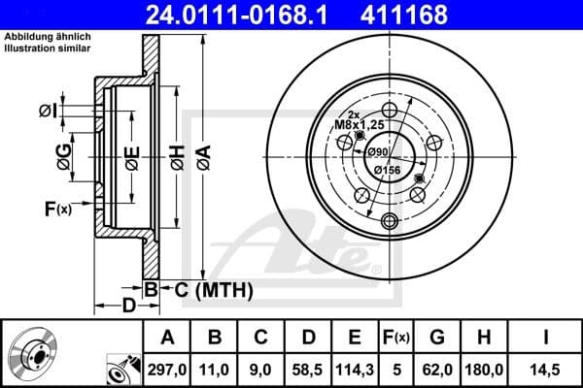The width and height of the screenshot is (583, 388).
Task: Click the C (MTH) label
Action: [x=208, y=289]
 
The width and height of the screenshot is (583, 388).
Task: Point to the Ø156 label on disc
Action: [x=388, y=170]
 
